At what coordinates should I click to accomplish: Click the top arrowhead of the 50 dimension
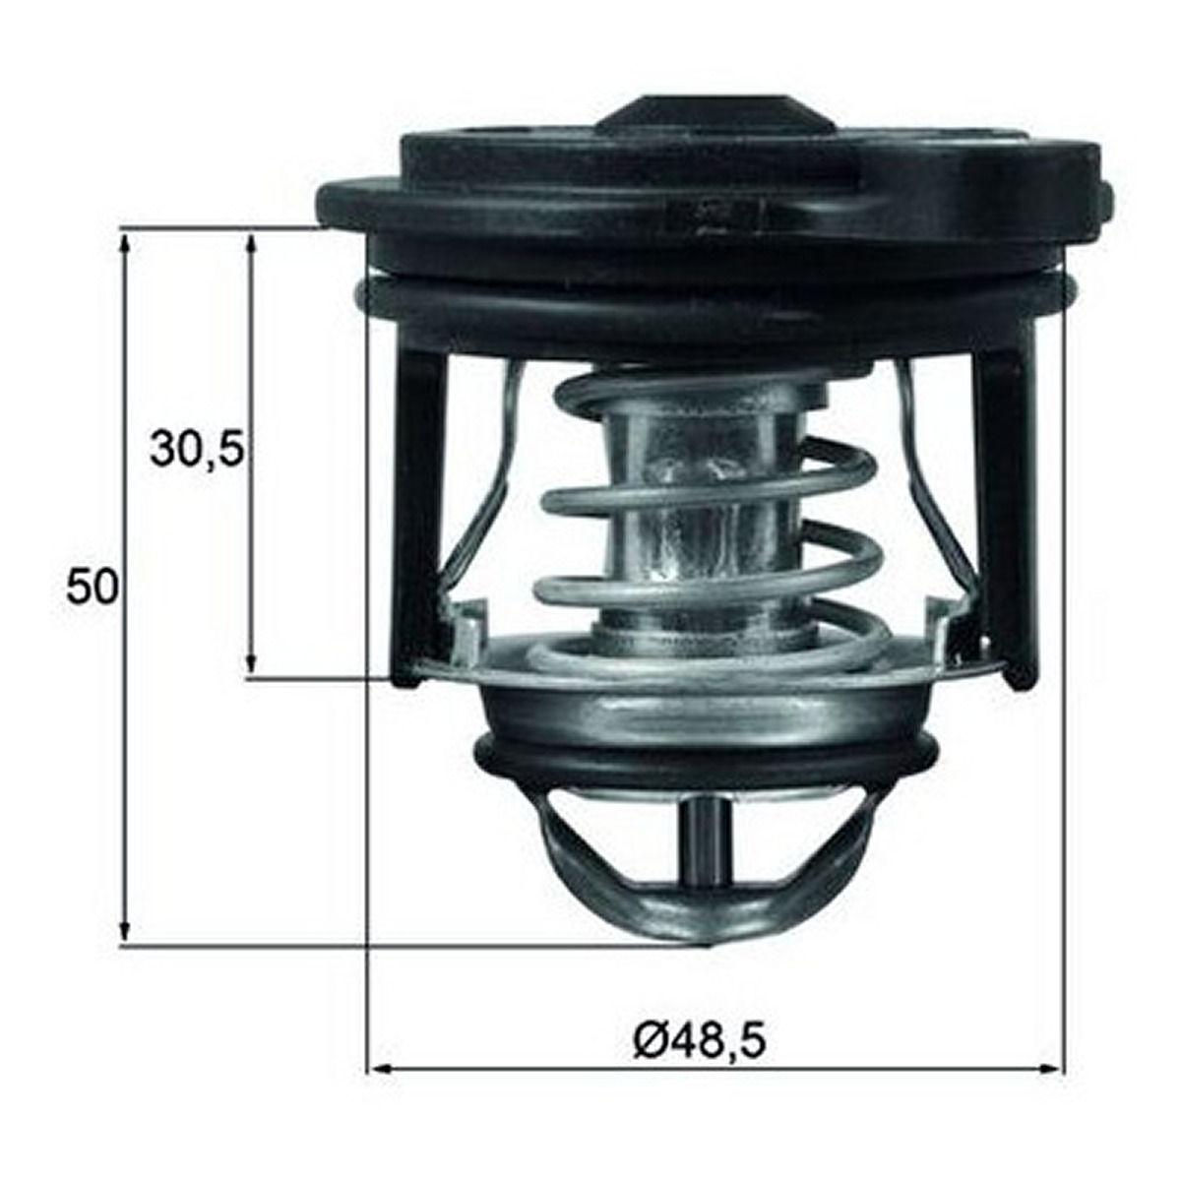(124, 245)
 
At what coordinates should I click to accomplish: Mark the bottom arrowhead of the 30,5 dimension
(250, 662)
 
